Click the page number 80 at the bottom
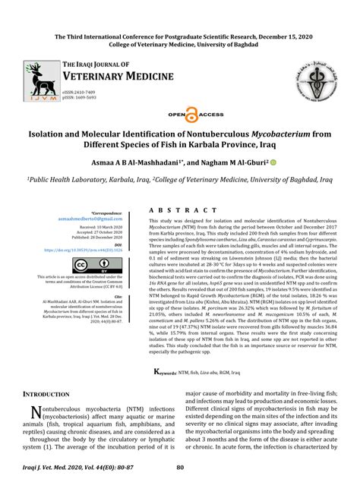click(181, 468)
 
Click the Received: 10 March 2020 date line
click(89, 227)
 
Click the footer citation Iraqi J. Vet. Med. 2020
click(67, 468)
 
